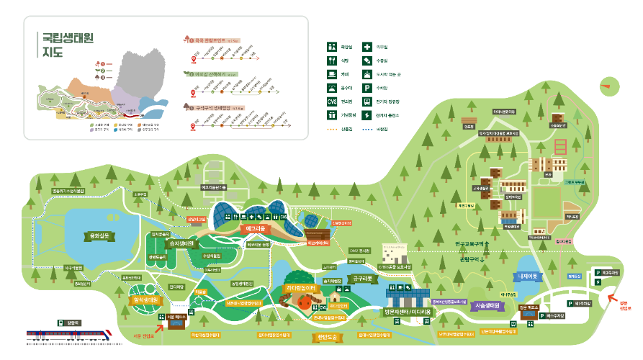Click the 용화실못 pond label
pyautogui.click(x=99, y=236)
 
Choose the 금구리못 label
pyautogui.click(x=359, y=276)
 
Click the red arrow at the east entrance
pyautogui.click(x=611, y=297)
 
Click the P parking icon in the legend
pyautogui.click(x=367, y=86)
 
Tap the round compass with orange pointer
pyautogui.click(x=609, y=85)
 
